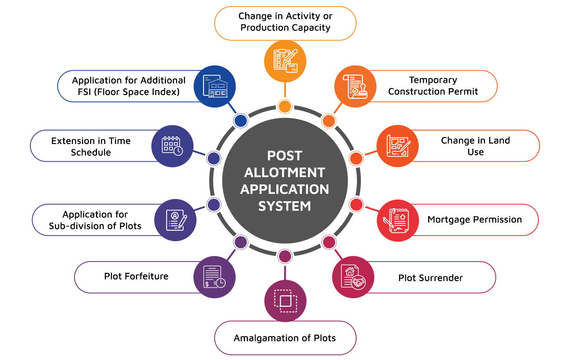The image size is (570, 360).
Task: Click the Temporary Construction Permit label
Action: [x=433, y=86]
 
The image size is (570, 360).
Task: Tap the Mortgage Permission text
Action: [x=475, y=219]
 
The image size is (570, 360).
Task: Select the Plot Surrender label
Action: [x=430, y=278]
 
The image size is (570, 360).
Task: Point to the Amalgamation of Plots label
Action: [x=285, y=338]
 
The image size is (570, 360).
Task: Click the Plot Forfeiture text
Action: [x=136, y=276]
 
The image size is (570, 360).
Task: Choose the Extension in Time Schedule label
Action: [x=91, y=147]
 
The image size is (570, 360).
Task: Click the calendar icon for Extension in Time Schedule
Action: [x=172, y=146]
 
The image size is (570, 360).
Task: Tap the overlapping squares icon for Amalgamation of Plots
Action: [x=285, y=301]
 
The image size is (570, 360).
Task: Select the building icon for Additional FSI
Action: [x=215, y=86]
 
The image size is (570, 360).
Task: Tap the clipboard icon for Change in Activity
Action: [x=285, y=61]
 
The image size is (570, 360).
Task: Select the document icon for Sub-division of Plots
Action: [x=176, y=220]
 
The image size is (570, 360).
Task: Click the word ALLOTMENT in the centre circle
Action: [x=285, y=172]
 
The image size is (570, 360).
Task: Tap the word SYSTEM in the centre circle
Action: [x=285, y=206]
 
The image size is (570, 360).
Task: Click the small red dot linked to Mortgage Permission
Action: [x=356, y=204]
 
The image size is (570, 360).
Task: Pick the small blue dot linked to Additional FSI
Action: [x=240, y=121]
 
